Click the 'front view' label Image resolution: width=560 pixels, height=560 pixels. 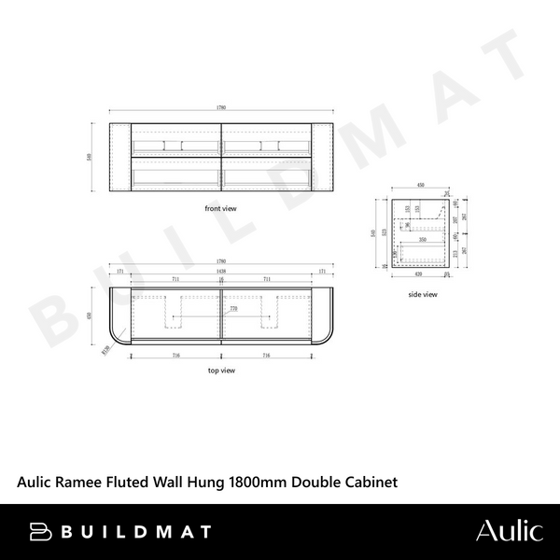[x=220, y=209]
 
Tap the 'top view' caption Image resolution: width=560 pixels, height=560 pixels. [x=221, y=370]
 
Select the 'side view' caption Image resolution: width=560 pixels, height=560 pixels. [x=423, y=294]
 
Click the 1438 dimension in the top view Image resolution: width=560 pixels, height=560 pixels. [x=221, y=271]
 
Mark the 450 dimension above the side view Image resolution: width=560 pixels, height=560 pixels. [x=420, y=186]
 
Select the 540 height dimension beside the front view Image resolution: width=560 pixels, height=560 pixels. [x=89, y=157]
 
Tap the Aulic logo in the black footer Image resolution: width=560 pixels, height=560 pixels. [x=508, y=531]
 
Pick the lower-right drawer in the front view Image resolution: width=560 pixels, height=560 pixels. [x=267, y=175]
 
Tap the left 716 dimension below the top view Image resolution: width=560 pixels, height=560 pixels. [x=175, y=356]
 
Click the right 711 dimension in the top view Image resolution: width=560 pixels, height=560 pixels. [x=267, y=278]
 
